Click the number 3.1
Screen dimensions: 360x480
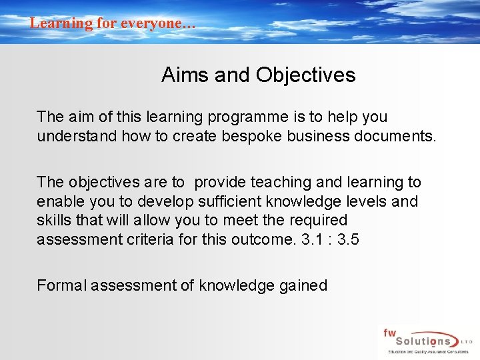(309, 239)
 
